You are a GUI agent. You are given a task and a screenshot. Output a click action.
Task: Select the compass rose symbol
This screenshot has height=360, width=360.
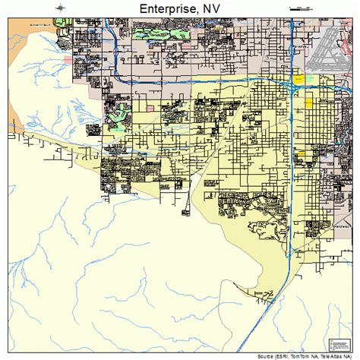click(x=60, y=8)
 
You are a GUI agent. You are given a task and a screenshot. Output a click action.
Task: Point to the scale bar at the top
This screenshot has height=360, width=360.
click(x=301, y=8)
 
